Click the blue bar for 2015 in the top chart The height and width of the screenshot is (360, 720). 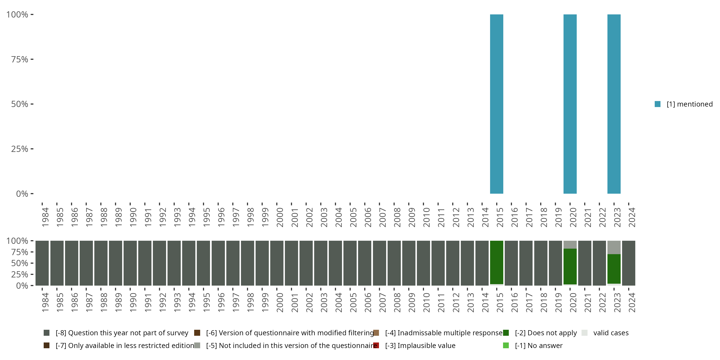pyautogui.click(x=496, y=104)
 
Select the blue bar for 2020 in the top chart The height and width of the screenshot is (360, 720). pyautogui.click(x=570, y=104)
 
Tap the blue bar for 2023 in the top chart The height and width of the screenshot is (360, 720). pyautogui.click(x=614, y=104)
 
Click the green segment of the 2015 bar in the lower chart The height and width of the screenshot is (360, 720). pyautogui.click(x=496, y=262)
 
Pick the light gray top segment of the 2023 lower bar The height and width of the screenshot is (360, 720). pyautogui.click(x=614, y=247)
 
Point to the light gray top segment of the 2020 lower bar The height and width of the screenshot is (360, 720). pyautogui.click(x=570, y=245)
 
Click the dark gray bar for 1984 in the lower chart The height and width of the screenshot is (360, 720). pyautogui.click(x=42, y=263)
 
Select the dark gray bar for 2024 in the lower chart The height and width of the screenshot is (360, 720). pyautogui.click(x=629, y=263)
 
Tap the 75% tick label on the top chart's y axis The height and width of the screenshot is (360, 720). pyautogui.click(x=20, y=59)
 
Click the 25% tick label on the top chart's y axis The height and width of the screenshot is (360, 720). pyautogui.click(x=20, y=149)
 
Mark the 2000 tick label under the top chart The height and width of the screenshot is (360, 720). pyautogui.click(x=280, y=217)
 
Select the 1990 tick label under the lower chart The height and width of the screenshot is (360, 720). pyautogui.click(x=133, y=302)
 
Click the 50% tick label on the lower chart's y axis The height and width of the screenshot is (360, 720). pyautogui.click(x=20, y=263)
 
